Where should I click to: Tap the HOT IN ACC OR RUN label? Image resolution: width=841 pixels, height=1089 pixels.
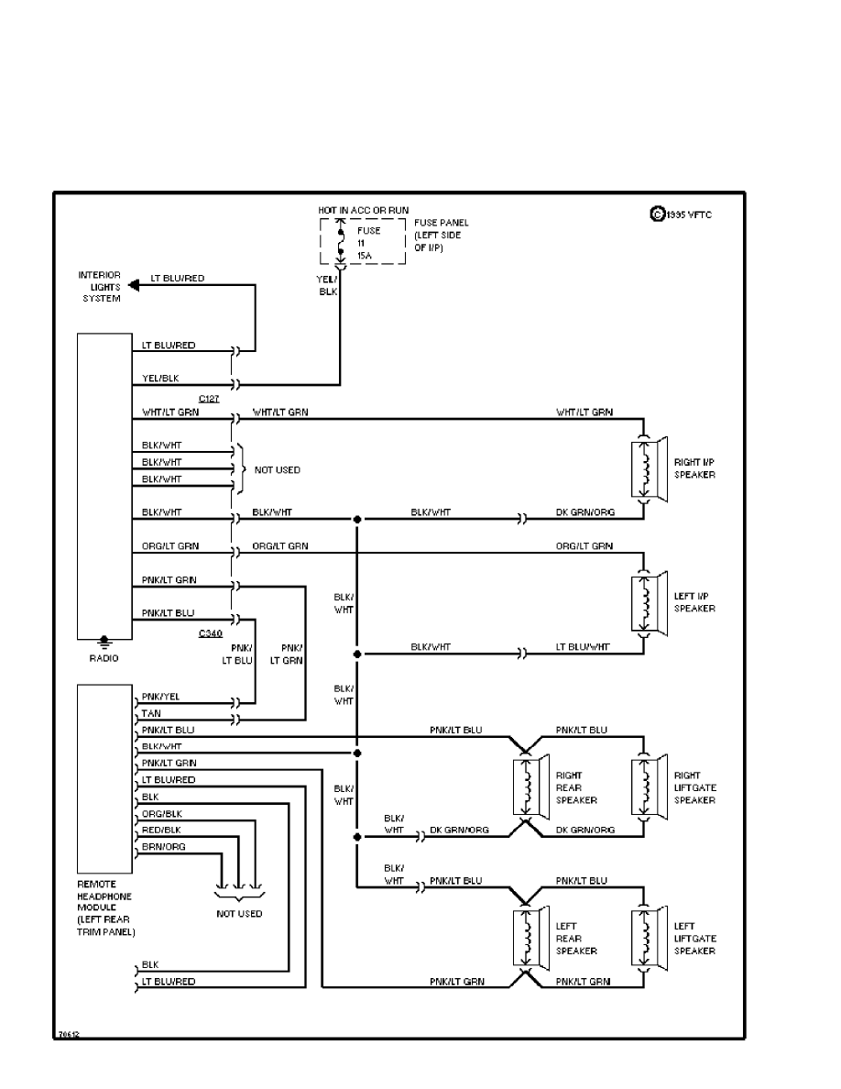click(363, 210)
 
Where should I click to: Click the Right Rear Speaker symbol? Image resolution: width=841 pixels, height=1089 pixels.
click(530, 786)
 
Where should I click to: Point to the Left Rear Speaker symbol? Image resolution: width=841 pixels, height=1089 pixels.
click(530, 937)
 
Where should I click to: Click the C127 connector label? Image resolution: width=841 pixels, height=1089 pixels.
click(209, 399)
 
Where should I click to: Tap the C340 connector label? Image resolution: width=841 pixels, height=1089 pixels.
click(210, 633)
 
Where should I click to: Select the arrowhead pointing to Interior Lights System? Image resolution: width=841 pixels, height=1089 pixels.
click(134, 285)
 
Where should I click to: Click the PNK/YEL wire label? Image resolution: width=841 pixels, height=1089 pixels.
click(160, 697)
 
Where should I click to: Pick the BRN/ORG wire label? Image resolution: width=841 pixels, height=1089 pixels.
click(163, 847)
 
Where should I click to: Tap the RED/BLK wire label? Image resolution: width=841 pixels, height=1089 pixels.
click(161, 830)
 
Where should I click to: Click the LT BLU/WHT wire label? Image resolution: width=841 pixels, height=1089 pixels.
click(584, 647)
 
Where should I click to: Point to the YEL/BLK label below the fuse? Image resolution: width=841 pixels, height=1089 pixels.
click(328, 284)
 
